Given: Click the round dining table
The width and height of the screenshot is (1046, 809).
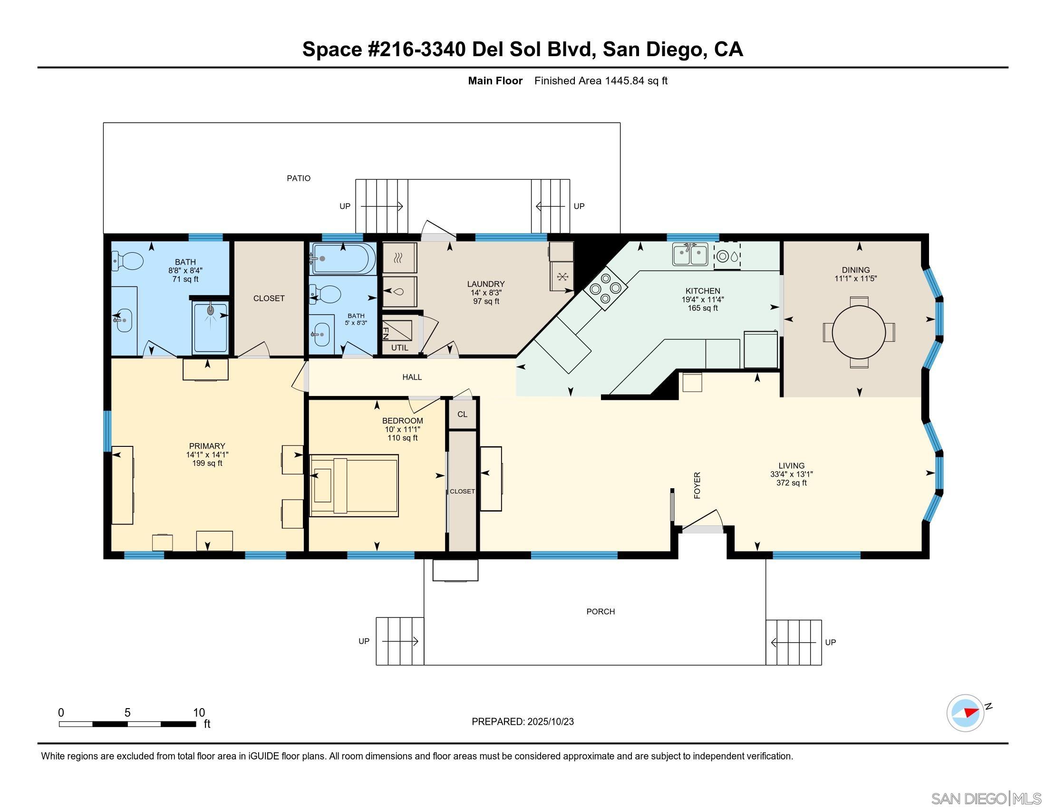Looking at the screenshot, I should pyautogui.click(x=859, y=332).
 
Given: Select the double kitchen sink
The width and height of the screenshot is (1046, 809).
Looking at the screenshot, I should pyautogui.click(x=690, y=255).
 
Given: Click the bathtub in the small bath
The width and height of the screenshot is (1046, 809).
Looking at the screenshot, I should pyautogui.click(x=343, y=258).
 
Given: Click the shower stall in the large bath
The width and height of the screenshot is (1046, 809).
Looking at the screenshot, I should pyautogui.click(x=210, y=327).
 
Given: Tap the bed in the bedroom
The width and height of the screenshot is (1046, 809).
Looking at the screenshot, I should pyautogui.click(x=354, y=485).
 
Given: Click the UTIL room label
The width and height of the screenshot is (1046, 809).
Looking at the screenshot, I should pyautogui.click(x=399, y=348).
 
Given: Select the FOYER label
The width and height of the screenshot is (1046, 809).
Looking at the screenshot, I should pyautogui.click(x=697, y=485).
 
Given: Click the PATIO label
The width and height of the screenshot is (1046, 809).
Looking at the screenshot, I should pyautogui.click(x=299, y=178).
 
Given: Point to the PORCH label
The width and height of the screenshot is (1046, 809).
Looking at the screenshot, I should pyautogui.click(x=600, y=612).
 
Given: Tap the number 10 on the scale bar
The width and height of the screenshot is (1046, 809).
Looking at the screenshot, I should pyautogui.click(x=199, y=713).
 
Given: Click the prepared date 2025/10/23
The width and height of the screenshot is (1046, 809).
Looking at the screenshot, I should pyautogui.click(x=550, y=722).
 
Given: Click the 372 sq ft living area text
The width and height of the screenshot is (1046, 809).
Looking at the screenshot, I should pyautogui.click(x=791, y=483).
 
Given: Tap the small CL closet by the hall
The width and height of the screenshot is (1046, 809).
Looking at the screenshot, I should pyautogui.click(x=462, y=414).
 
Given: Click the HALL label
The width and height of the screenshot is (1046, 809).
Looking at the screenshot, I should pyautogui.click(x=412, y=377).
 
